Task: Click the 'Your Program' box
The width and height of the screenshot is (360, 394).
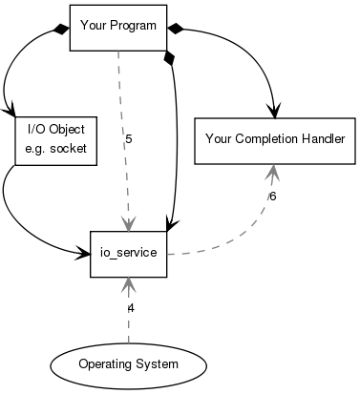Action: click(118, 26)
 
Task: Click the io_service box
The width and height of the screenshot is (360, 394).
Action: click(129, 254)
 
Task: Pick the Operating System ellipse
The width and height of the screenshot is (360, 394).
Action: click(128, 364)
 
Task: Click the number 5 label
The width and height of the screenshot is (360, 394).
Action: click(129, 139)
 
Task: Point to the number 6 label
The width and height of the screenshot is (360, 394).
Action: click(272, 197)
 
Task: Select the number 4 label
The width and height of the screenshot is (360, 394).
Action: click(131, 308)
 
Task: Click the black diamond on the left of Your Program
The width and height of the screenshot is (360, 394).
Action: click(61, 31)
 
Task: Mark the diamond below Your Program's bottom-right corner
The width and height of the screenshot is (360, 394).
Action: click(169, 58)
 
